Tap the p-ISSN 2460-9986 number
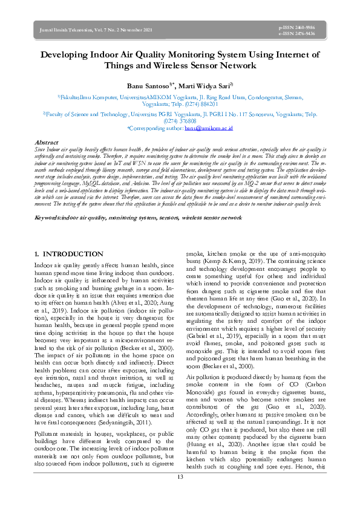[296, 28]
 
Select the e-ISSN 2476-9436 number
[296, 34]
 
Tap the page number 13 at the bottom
[180, 494]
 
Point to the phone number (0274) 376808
[180, 121]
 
